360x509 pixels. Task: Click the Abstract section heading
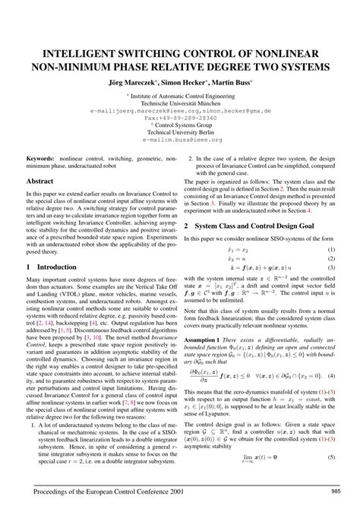(40, 182)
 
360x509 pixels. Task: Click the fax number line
(179, 119)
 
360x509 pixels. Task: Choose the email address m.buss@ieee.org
(179, 141)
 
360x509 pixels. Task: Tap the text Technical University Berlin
(179, 133)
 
